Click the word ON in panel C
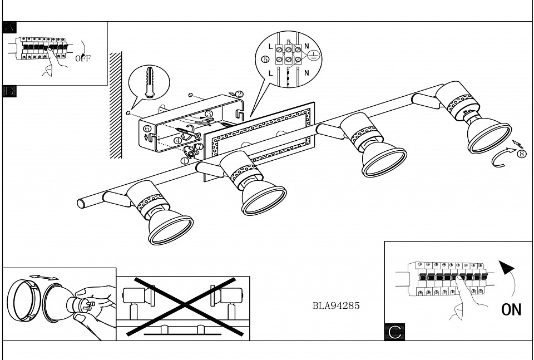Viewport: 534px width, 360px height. (511, 309)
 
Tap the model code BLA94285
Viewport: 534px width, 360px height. (336, 305)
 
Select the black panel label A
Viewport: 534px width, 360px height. (9, 28)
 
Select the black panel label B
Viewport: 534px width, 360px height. (9, 91)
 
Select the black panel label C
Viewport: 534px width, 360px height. (394, 332)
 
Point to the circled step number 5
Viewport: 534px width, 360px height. (265, 59)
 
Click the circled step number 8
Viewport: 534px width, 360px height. (521, 154)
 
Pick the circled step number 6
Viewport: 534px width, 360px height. (147, 129)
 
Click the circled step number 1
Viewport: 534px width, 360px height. (185, 160)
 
